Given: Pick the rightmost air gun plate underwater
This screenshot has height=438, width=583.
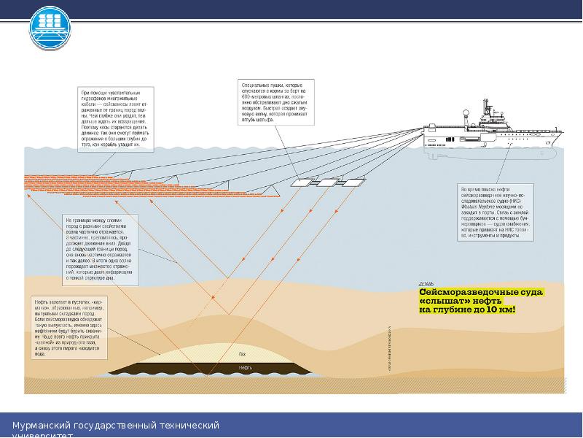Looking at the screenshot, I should coord(354,181).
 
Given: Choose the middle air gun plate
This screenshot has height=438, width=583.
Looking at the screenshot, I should coord(329,182).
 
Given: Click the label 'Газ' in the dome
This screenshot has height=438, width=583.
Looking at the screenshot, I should coord(242,355).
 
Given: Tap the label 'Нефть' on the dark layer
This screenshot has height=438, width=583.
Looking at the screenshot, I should coord(246,367).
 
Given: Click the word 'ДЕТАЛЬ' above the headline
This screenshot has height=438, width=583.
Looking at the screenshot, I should coord(427,282).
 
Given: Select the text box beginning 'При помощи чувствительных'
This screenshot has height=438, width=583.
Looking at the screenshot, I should coord(117,119).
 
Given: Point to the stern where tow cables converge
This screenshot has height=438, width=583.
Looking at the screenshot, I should coord(424,132).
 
